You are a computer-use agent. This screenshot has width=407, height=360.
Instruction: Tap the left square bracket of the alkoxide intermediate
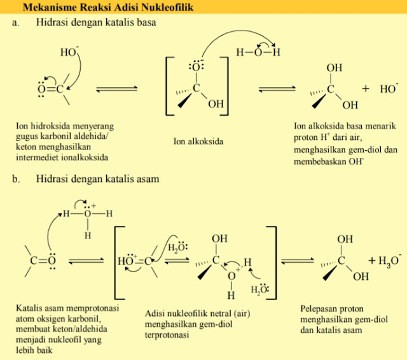169,85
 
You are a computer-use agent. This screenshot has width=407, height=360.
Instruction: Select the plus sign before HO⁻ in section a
366,89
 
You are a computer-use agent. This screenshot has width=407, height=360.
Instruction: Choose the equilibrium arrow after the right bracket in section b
299,260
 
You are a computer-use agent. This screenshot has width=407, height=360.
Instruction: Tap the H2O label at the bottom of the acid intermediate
259,291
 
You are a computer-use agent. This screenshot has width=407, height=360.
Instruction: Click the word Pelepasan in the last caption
319,309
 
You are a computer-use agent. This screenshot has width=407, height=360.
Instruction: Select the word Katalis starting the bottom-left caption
29,309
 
